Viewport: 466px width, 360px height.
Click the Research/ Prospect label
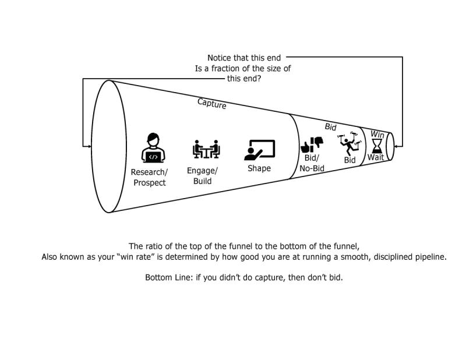(x=150, y=177)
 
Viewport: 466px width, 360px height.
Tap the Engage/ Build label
(x=202, y=175)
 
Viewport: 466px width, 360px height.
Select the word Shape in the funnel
(x=259, y=168)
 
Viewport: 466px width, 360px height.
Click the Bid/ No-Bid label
(x=312, y=163)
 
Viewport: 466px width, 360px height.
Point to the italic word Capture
(x=211, y=104)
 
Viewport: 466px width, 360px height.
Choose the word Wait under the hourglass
(x=375, y=157)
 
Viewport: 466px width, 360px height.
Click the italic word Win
(x=377, y=133)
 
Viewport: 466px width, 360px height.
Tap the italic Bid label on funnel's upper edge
(x=330, y=126)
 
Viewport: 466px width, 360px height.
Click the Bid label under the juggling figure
(x=349, y=160)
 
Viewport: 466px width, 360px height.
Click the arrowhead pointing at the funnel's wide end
(x=87, y=146)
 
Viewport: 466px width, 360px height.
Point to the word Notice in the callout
(x=220, y=58)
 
